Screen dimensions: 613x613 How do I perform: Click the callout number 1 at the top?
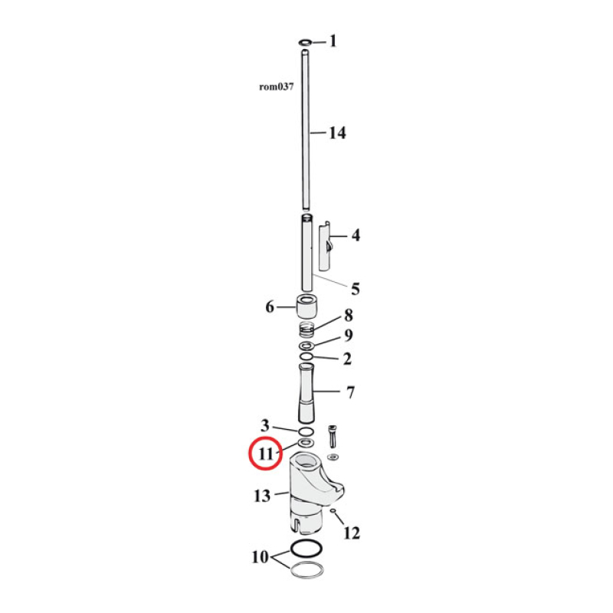tap(333, 41)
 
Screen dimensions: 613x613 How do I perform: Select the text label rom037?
tap(277, 87)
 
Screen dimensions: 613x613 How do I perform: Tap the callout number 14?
tap(337, 133)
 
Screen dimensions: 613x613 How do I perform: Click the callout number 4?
tap(355, 236)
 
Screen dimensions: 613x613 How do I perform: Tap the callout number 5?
tap(355, 289)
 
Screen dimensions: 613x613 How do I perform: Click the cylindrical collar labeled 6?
tap(308, 307)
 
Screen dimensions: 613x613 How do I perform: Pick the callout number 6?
tap(270, 307)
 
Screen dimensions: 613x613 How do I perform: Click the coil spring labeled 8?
tap(306, 331)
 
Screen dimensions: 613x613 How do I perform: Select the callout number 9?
tap(347, 336)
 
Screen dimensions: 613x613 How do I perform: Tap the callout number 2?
tap(347, 358)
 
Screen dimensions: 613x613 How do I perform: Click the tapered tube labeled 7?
tap(307, 392)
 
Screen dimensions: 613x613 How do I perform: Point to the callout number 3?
tap(264, 426)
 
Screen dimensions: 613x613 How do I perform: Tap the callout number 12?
tap(351, 533)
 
